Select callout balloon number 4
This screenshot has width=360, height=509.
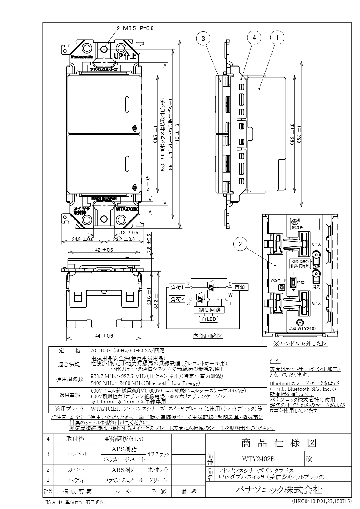[254, 38]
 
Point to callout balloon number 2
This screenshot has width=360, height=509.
[240, 244]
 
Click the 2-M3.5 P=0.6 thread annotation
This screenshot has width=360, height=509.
[135, 28]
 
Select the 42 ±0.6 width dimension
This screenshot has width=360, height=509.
[104, 250]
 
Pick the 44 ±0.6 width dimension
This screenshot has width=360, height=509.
[104, 336]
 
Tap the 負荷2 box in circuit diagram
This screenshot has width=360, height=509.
[177, 299]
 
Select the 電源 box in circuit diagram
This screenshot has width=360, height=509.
[240, 287]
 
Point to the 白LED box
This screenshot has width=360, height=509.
[208, 319]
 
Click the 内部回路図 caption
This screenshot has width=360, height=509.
[208, 336]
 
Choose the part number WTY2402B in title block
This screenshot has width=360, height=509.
[258, 459]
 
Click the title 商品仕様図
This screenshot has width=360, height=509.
[279, 443]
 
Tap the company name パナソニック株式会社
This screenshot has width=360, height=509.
[279, 490]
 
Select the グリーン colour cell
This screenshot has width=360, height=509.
[158, 480]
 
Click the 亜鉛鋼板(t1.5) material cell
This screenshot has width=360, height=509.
[123, 439]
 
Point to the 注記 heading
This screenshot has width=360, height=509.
[275, 361]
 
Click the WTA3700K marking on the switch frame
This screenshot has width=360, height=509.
[127, 209]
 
